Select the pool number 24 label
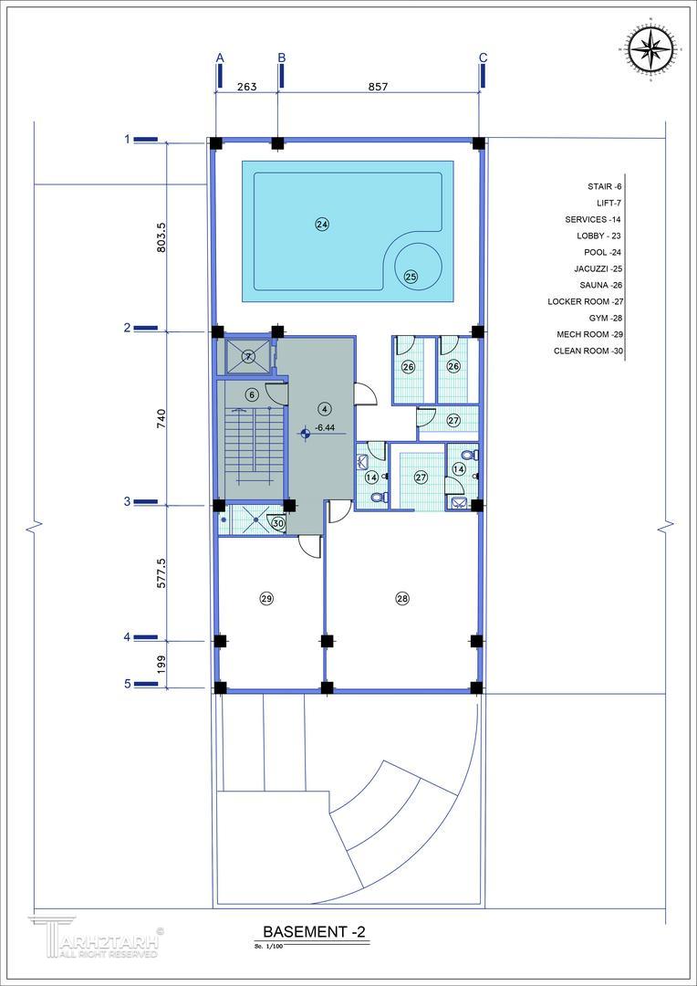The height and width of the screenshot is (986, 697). pos(322,225)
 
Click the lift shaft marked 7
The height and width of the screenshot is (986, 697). pos(248,357)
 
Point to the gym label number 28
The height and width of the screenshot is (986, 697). pos(402,599)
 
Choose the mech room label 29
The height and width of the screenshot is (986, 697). pos(266,599)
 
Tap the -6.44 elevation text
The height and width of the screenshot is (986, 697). pos(324,428)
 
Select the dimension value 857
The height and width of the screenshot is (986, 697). pos(379,87)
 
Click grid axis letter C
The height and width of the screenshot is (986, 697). pos(483,58)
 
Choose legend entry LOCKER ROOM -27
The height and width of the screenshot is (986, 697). pos(585,301)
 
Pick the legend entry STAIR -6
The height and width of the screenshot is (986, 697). pos(604,187)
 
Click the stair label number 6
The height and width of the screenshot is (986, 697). pos(251,395)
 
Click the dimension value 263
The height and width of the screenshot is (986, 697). pos(247,87)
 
